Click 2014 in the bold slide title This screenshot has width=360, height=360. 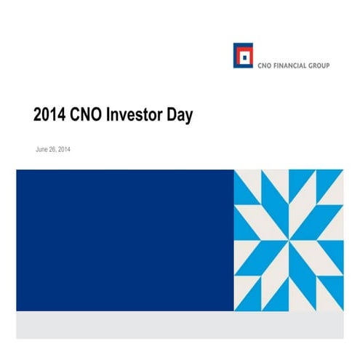coord(50,115)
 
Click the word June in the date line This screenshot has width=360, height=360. coord(42,149)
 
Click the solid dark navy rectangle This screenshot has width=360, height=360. coord(124,240)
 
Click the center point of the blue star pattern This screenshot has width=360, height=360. coord(289,241)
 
